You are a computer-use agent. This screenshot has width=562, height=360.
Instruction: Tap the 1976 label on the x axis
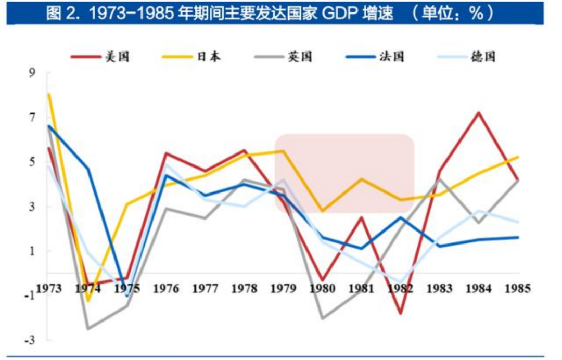click(167, 289)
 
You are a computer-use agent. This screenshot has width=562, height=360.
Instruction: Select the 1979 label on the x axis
click(284, 289)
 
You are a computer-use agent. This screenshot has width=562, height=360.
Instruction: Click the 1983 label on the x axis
click(440, 289)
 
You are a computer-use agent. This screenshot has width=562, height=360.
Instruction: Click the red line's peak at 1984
click(479, 112)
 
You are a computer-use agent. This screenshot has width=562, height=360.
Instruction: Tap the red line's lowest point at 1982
click(401, 314)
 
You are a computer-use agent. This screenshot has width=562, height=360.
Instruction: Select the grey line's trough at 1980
click(323, 318)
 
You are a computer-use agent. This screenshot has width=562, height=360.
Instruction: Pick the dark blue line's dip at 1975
click(127, 297)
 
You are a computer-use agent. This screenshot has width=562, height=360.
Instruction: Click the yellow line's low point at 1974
click(88, 301)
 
